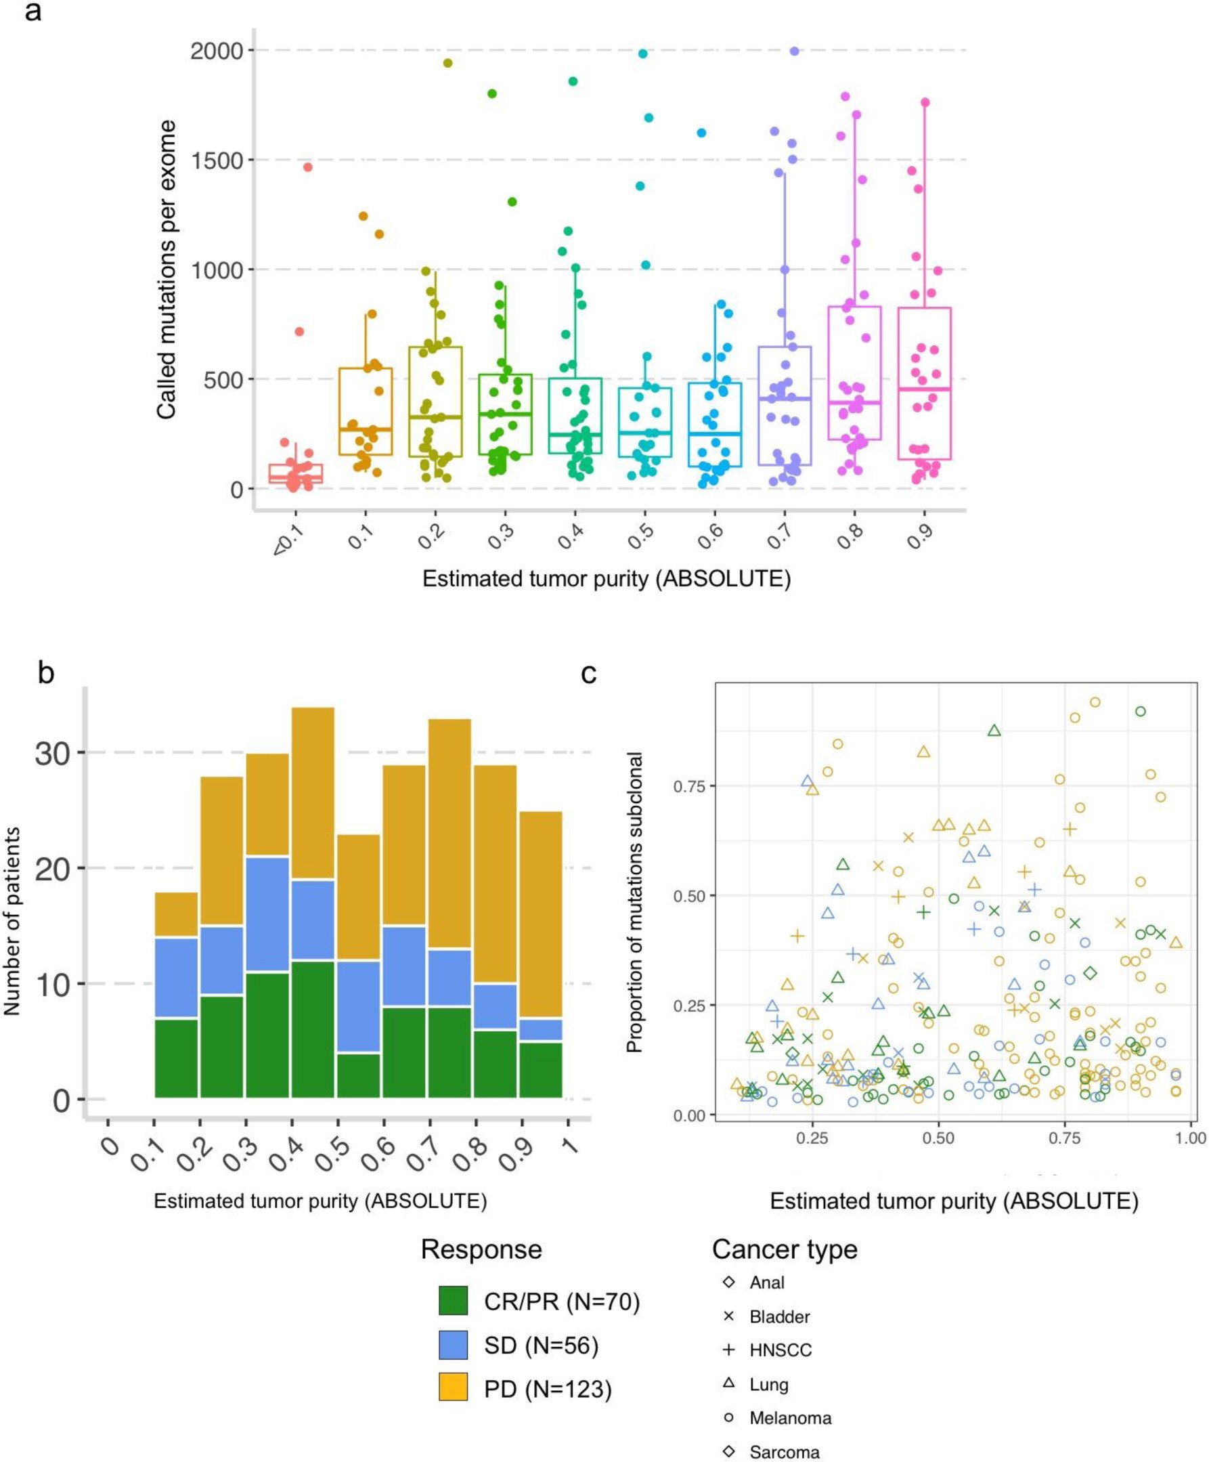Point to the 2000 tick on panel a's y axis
pos(217,51)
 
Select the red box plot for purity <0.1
pos(296,473)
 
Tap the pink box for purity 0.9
pos(923,383)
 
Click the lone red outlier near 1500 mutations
pos(307,167)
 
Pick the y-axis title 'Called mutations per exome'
pos(167,270)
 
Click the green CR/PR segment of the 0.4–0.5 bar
pos(313,1029)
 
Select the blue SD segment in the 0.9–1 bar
pos(540,1030)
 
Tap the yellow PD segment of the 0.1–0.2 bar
pos(176,915)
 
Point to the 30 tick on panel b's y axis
pos(53,753)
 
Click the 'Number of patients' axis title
pos(12,921)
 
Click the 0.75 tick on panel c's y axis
pos(688,786)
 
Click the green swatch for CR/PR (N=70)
pos(452,1300)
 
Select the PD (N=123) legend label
pos(548,1389)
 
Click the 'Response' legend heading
pos(481,1249)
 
